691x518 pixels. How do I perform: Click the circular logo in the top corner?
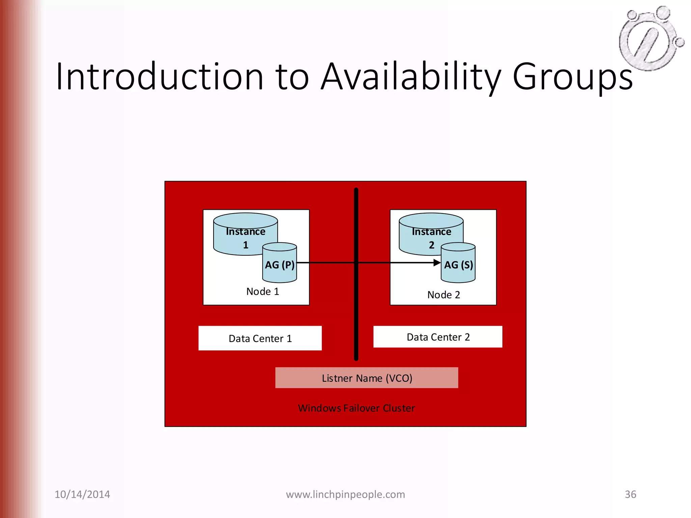pyautogui.click(x=650, y=38)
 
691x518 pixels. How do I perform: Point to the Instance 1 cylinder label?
pyautogui.click(x=245, y=238)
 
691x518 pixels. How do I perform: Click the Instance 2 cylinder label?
pyautogui.click(x=431, y=238)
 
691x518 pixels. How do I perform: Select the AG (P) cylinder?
pyautogui.click(x=280, y=265)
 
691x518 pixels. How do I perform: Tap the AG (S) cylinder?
pyautogui.click(x=458, y=265)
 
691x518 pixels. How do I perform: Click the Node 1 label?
pyautogui.click(x=262, y=291)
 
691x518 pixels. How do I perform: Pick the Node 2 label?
pyautogui.click(x=443, y=295)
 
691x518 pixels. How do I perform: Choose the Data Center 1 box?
pyautogui.click(x=260, y=338)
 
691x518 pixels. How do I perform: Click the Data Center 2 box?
pyautogui.click(x=438, y=337)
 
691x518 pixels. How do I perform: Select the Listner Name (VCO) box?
pyautogui.click(x=366, y=378)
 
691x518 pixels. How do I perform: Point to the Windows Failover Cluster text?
pyautogui.click(x=356, y=408)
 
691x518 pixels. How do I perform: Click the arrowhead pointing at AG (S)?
pyautogui.click(x=437, y=262)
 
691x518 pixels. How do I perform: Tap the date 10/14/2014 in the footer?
pyautogui.click(x=82, y=494)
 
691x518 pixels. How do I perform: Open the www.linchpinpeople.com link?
pyautogui.click(x=345, y=494)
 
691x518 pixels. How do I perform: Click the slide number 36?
pyautogui.click(x=630, y=494)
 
